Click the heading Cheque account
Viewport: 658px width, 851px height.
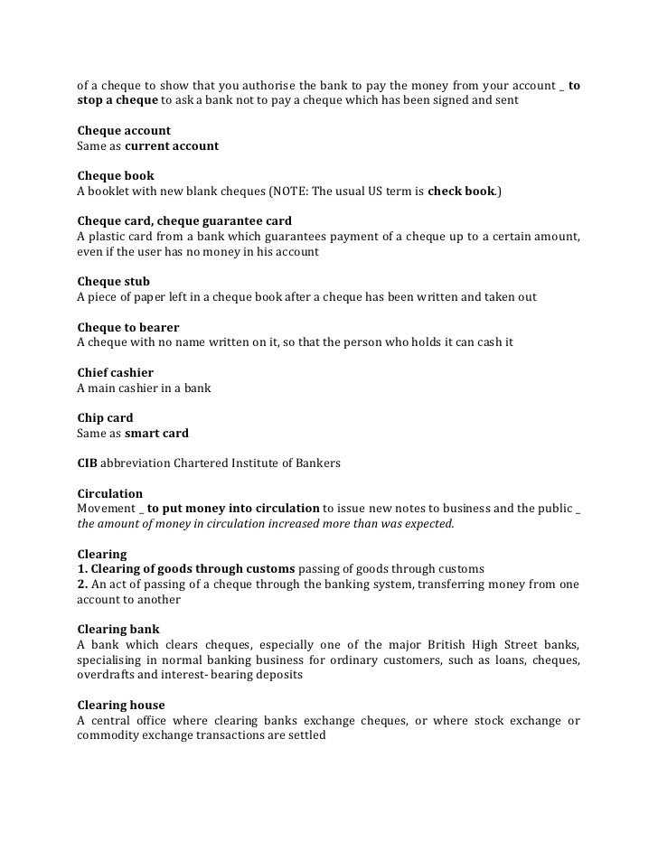point(124,131)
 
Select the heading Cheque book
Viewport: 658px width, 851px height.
point(116,176)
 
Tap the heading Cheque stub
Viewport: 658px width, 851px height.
point(114,282)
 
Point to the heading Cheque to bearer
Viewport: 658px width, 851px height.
point(128,327)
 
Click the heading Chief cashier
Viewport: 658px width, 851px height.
point(116,372)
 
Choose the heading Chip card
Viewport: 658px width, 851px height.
point(105,418)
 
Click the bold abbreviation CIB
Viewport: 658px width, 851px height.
point(87,463)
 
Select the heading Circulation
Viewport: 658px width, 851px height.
point(110,494)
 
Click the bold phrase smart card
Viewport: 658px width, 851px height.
point(156,434)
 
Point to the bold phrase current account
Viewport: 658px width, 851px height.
point(172,145)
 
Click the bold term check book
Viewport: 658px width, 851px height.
point(460,192)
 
